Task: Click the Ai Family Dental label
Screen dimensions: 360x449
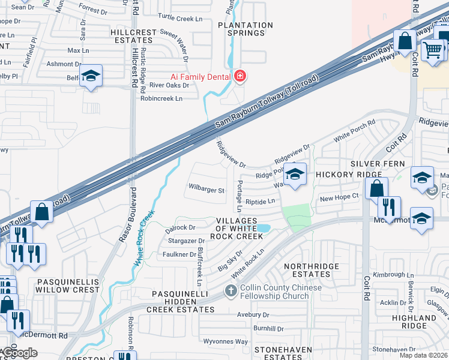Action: pos(200,76)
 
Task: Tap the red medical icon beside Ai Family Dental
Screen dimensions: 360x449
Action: pos(240,76)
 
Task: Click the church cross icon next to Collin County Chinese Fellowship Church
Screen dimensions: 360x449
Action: pos(231,292)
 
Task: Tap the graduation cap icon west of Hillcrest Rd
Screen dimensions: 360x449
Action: pos(91,76)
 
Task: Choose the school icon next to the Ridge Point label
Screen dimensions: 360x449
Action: pos(294,175)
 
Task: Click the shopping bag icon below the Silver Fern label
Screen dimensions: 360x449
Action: pos(376,188)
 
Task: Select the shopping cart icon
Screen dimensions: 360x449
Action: pos(433,50)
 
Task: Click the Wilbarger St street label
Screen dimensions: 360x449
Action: pos(206,190)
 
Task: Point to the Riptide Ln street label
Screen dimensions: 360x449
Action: pos(260,202)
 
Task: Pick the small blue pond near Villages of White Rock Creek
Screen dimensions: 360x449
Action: pos(262,228)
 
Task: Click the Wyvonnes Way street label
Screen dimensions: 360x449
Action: pos(225,341)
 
